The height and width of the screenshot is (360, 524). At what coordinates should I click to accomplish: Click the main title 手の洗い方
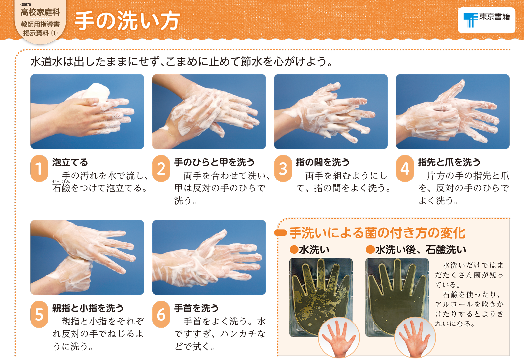click(x=127, y=21)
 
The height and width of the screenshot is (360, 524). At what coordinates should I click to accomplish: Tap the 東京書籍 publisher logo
click(x=487, y=20)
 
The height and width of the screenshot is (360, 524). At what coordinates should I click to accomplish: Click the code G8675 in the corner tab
click(x=26, y=4)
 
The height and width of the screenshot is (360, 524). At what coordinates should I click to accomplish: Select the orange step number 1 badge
click(x=39, y=168)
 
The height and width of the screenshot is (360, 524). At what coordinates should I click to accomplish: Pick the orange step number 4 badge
click(x=405, y=168)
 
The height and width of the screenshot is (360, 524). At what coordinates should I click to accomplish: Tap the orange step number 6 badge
click(x=161, y=314)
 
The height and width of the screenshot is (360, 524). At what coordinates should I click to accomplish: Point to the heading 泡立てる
click(x=70, y=162)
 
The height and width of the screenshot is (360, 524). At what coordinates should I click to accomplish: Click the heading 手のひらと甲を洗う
click(x=214, y=162)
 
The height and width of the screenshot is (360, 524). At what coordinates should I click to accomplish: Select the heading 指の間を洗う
click(x=323, y=162)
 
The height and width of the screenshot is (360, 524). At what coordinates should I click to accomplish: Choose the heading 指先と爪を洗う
click(x=449, y=162)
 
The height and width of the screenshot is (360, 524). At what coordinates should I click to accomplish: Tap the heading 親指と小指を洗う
click(x=88, y=308)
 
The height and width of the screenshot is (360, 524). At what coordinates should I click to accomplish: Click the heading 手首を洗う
click(x=196, y=308)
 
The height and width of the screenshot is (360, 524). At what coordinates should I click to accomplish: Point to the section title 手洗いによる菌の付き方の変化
click(x=377, y=233)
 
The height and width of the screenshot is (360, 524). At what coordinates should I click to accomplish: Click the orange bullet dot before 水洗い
click(x=294, y=250)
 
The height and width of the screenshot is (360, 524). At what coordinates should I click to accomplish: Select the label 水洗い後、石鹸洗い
click(x=421, y=250)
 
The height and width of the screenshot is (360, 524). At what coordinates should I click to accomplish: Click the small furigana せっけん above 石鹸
click(x=61, y=181)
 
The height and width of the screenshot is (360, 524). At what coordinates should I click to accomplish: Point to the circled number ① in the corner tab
click(x=54, y=33)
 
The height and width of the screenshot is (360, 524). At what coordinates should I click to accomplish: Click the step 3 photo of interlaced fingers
click(x=331, y=111)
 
